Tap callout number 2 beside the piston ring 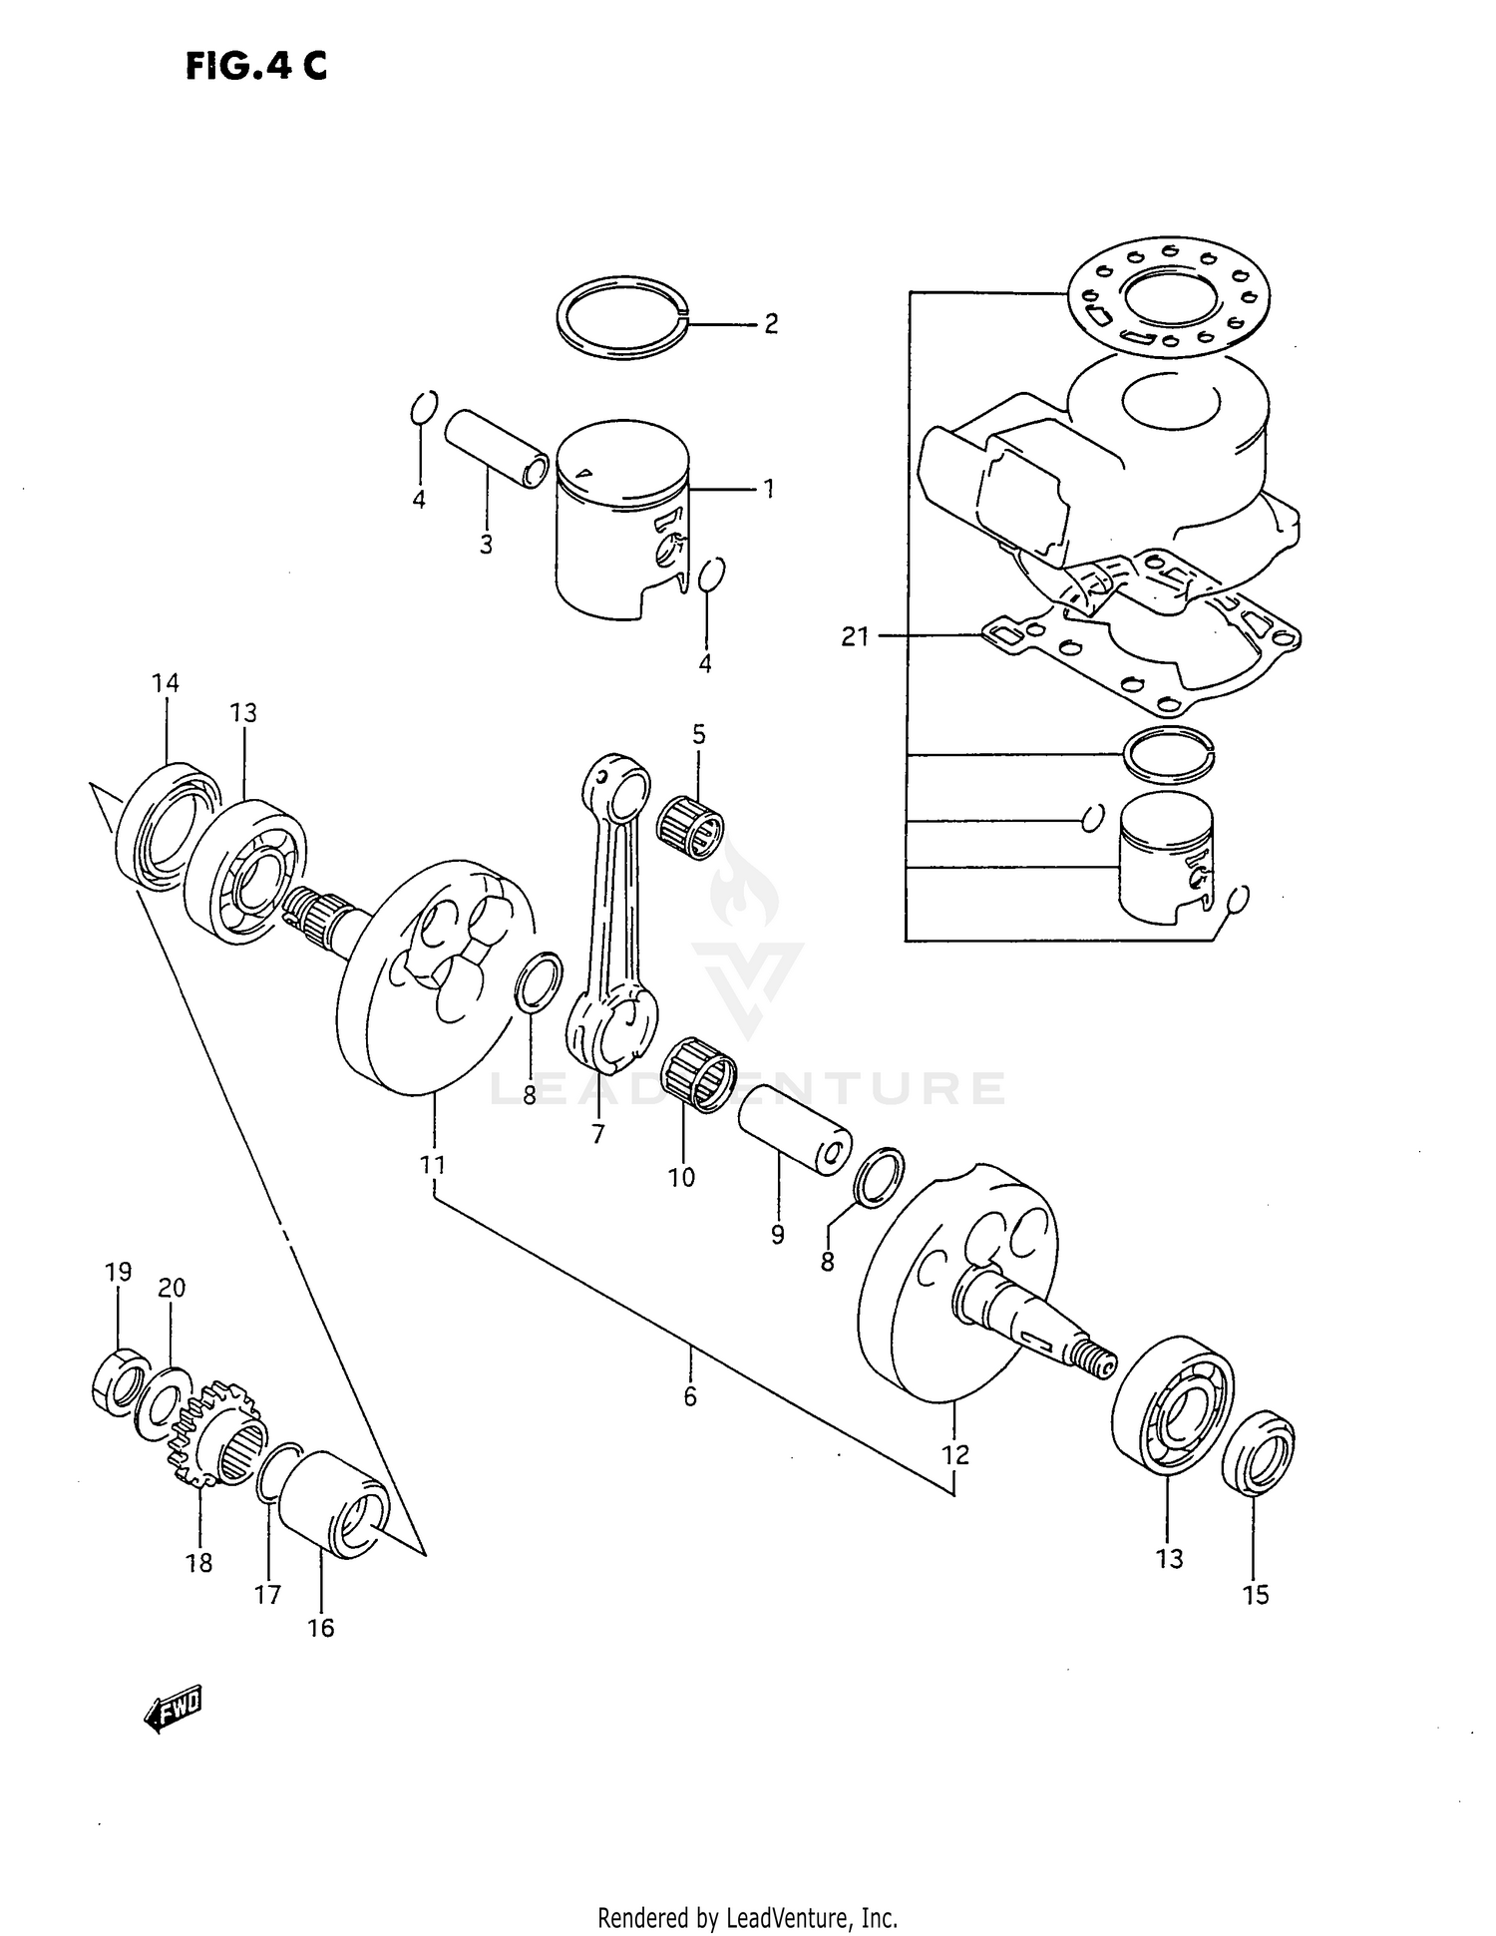[770, 323]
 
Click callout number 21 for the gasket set [855, 636]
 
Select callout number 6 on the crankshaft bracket [690, 1397]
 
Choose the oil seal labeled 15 [1258, 1452]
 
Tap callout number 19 [118, 1272]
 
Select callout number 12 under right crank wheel [954, 1455]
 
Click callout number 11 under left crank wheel [432, 1164]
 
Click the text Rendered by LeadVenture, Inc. [747, 1917]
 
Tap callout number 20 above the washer [172, 1288]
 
